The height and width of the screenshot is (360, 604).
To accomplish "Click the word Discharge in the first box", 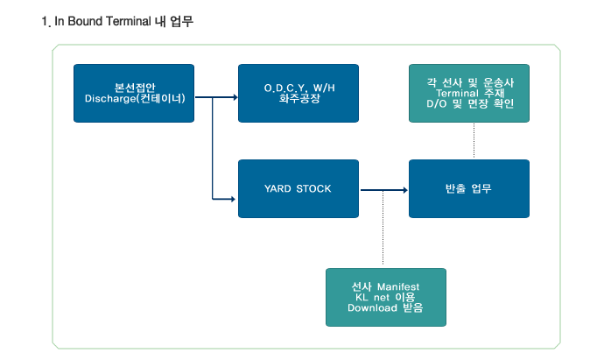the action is click(x=110, y=99).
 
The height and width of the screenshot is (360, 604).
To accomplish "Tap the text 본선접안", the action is click(x=135, y=88).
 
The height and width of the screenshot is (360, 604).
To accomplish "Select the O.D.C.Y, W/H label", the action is click(x=299, y=88).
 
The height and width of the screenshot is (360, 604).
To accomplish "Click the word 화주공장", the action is click(x=299, y=99).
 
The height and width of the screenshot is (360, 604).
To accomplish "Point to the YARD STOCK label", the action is click(x=298, y=188).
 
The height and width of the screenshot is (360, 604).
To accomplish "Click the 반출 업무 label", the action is click(x=468, y=188).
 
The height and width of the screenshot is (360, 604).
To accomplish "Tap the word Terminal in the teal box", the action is click(x=457, y=93).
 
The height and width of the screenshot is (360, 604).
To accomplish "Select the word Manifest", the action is click(x=398, y=286).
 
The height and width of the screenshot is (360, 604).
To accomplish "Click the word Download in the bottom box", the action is click(x=372, y=308).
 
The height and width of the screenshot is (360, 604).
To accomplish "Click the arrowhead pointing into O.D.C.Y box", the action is click(x=235, y=97).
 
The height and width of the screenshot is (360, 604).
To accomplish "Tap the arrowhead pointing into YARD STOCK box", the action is click(x=233, y=199).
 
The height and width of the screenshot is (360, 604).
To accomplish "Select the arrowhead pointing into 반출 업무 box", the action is click(x=404, y=190).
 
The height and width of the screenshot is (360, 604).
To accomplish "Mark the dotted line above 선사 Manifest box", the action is click(x=383, y=228).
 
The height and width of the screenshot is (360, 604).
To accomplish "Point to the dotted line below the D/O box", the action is click(x=474, y=141).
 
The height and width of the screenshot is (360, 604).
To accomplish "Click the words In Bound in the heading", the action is click(x=79, y=21).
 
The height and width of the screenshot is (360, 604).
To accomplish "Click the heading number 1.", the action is click(x=46, y=22).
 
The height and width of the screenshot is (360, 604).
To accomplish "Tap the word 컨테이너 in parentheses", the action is click(x=160, y=99).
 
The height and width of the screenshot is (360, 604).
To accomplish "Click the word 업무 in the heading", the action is click(x=181, y=21).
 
